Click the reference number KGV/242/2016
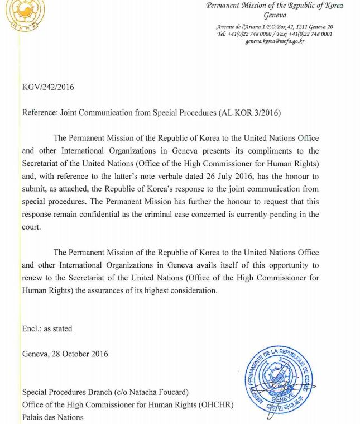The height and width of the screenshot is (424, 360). point(48,87)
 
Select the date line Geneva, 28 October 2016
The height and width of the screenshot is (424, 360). point(65,354)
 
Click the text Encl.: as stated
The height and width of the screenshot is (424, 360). point(47,329)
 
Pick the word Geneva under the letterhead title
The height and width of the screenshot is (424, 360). point(275,15)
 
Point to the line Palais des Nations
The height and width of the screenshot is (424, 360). point(52,417)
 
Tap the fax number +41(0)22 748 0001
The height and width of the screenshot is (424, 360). point(311,34)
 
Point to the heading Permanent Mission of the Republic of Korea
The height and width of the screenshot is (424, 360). point(275,6)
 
